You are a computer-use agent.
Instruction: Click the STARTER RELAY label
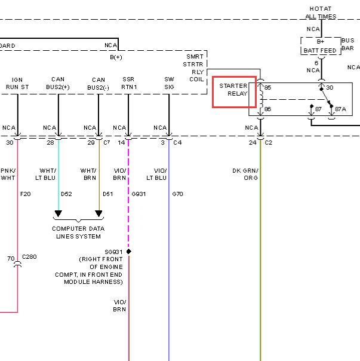(x=233, y=90)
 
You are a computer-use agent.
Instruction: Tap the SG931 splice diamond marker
(x=129, y=252)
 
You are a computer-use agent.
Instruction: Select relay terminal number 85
(x=267, y=87)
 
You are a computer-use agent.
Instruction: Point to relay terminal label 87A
(x=340, y=109)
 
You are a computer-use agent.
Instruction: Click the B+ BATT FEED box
(x=321, y=46)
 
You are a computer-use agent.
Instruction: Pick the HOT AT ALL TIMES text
(x=321, y=13)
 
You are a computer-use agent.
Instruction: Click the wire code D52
(x=66, y=194)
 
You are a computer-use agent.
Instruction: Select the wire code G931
(x=139, y=194)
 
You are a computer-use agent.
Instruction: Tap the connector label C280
(x=29, y=257)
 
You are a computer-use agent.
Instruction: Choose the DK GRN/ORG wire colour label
(x=245, y=175)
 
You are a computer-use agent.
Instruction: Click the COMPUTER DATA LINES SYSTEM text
(x=78, y=232)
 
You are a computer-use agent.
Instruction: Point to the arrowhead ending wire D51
(x=99, y=213)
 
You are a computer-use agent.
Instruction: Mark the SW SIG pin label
(x=169, y=83)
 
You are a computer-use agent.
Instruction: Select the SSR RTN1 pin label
(x=129, y=83)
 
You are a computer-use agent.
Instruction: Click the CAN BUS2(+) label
(x=58, y=83)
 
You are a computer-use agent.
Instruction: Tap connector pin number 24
(x=253, y=142)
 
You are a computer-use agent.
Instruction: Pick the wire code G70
(x=177, y=194)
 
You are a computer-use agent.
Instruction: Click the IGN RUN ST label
(x=17, y=83)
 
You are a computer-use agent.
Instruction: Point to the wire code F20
(x=25, y=194)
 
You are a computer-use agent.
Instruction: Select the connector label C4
(x=177, y=142)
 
